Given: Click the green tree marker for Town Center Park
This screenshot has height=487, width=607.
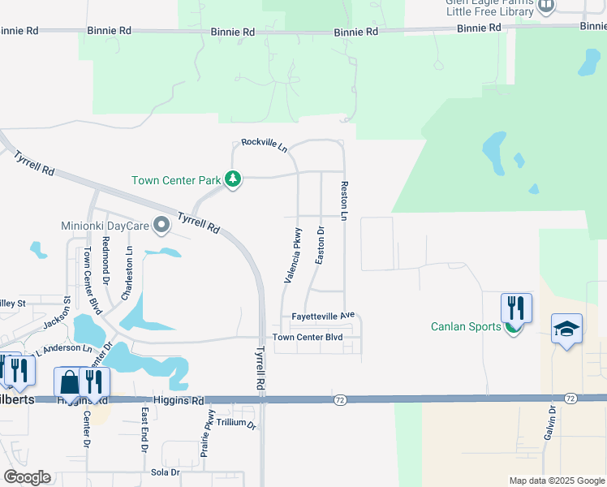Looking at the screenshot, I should (233, 179).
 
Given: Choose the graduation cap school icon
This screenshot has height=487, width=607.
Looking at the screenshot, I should (566, 329).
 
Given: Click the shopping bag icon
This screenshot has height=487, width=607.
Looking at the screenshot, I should (69, 381).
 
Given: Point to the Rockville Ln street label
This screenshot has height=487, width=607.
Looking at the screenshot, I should (265, 145).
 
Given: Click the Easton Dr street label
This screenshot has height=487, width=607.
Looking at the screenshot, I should (321, 245).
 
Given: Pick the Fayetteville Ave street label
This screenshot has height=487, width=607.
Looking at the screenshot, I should (323, 315).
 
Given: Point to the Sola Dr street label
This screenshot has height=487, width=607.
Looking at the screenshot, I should (165, 472).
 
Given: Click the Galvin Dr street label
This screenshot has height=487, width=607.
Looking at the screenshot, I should (551, 422).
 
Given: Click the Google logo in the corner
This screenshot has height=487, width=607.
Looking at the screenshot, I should (27, 476).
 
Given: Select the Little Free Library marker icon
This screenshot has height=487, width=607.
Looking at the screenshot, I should (546, 6).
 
